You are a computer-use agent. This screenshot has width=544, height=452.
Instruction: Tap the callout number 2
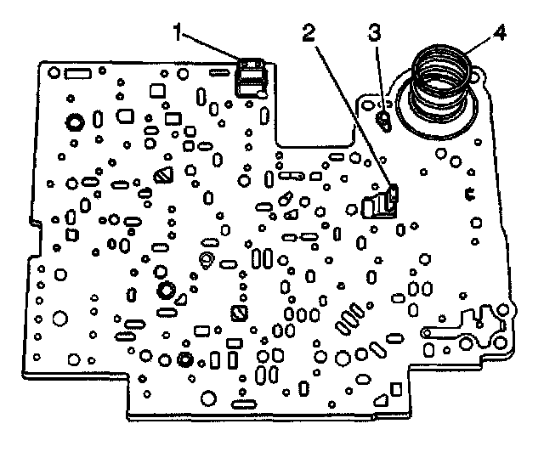(x=309, y=35)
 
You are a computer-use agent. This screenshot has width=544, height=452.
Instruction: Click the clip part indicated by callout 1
(x=252, y=76)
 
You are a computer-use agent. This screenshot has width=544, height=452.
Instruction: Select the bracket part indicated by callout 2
(x=382, y=204)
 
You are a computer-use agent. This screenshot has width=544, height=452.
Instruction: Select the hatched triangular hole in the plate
(x=164, y=176)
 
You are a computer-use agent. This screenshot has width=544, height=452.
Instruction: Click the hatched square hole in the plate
(x=239, y=313)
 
